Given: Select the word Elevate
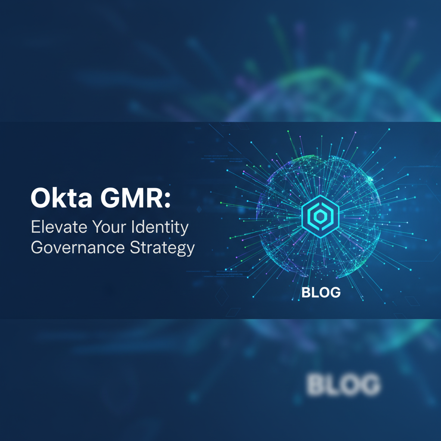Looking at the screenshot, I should pyautogui.click(x=56, y=227).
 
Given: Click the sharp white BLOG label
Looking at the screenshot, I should pyautogui.click(x=321, y=292).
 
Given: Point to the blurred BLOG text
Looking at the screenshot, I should pyautogui.click(x=344, y=385).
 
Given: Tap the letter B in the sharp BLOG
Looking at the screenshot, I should pyautogui.click(x=306, y=292).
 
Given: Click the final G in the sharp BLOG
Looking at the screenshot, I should pyautogui.click(x=335, y=292).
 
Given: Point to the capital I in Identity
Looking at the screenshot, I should pyautogui.click(x=138, y=227).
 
